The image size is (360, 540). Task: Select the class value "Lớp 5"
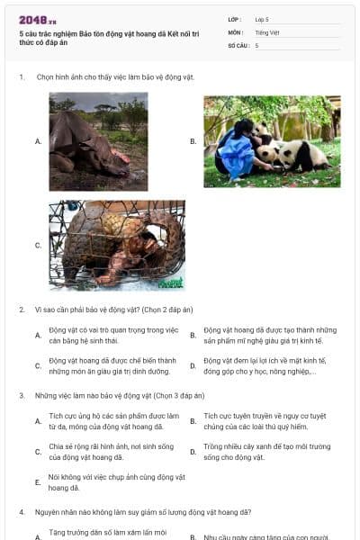point(262,19)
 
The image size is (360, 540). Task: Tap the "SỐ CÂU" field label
point(237,45)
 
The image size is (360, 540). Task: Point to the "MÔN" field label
point(235,31)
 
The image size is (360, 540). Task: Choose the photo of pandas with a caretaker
point(272,141)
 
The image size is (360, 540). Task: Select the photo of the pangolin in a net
point(117,245)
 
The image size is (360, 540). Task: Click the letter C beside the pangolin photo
point(38,245)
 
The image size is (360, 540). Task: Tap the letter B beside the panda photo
point(193,141)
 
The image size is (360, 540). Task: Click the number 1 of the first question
point(21,77)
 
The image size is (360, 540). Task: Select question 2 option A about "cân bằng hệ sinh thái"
point(112,335)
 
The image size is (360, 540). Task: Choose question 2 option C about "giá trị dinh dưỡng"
point(112,365)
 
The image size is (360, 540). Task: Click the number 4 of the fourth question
point(21,512)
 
